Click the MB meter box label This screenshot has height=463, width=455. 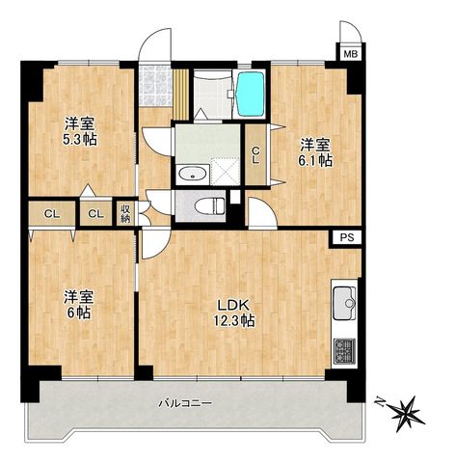pos(351,54)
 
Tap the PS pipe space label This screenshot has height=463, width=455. pos(347,237)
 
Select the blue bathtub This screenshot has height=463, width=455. pos(251,94)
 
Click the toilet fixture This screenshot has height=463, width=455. pos(210,205)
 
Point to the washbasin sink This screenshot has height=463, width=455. pos(193,175)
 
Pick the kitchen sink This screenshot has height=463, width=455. pos(344,303)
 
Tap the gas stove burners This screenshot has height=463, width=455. pos(344,351)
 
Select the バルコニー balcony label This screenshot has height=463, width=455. pos(185,403)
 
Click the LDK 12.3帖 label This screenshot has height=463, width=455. pos(234,313)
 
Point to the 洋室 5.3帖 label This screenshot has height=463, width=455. pos(80,131)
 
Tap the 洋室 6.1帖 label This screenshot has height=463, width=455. pos(315,152)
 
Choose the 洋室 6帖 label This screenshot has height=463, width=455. pos(79,305)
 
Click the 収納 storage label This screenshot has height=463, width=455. pos(125,213)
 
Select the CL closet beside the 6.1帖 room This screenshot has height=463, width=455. pos(255,155)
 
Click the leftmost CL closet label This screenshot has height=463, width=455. pos(52,214)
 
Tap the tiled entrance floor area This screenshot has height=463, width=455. pos(155,86)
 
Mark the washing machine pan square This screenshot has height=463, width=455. pos(225,172)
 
